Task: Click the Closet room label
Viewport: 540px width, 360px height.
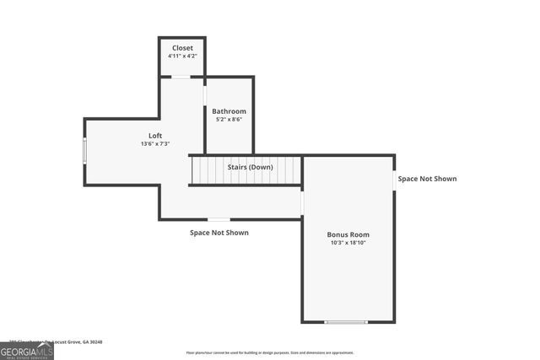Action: (182, 48)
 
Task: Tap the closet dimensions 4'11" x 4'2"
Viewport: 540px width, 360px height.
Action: (182, 56)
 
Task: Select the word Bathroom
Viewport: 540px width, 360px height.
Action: (229, 111)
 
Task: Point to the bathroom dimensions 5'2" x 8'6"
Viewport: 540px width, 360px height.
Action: (229, 120)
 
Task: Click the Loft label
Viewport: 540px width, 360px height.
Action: (155, 136)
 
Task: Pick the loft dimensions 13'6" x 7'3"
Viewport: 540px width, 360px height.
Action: (155, 144)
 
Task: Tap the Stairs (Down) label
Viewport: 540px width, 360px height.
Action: (250, 167)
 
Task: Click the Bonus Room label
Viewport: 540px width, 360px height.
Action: (348, 234)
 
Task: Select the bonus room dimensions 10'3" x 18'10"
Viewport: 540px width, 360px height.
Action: (348, 243)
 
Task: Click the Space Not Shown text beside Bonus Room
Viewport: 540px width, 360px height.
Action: (427, 179)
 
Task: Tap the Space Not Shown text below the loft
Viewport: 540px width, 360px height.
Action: (219, 233)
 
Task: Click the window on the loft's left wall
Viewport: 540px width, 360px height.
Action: (84, 151)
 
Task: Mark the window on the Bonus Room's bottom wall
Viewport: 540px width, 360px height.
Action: (346, 322)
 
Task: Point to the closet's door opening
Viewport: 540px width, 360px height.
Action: (181, 77)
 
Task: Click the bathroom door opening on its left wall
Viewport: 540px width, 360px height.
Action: (205, 95)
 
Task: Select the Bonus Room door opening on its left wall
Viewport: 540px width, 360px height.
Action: (302, 203)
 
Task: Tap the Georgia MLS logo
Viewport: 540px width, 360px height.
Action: (27, 351)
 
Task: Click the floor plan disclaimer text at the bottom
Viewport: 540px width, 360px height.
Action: (270, 353)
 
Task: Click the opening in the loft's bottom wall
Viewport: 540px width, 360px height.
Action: (219, 219)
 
